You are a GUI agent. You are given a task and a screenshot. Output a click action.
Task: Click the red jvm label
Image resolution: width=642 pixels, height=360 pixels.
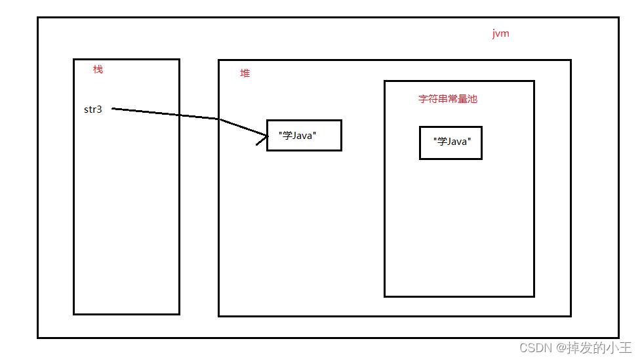(x=501, y=33)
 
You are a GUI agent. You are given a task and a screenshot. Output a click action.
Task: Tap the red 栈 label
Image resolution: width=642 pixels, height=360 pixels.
(x=98, y=70)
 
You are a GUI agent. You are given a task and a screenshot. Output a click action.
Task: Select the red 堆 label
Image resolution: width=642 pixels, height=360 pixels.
(x=245, y=73)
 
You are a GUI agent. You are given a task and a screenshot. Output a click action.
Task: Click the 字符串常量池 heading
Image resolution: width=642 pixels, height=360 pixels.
(x=448, y=99)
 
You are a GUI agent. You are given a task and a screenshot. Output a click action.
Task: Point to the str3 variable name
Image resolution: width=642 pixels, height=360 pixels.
(x=93, y=110)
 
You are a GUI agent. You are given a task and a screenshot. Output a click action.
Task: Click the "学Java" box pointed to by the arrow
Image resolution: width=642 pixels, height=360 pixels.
(x=304, y=136)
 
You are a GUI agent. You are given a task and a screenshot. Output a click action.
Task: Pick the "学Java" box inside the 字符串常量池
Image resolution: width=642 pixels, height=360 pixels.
(x=451, y=143)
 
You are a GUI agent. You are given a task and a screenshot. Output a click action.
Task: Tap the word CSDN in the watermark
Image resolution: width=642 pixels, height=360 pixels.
(x=536, y=348)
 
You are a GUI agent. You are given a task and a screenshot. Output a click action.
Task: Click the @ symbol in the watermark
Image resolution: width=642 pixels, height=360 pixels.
(x=561, y=348)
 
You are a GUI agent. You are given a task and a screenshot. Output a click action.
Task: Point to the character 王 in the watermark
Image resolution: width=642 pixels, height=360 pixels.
(x=626, y=348)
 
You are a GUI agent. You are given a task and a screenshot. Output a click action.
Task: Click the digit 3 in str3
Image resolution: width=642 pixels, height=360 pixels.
(x=99, y=110)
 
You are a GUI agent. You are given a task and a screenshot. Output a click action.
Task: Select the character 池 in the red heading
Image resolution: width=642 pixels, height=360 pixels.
(x=473, y=99)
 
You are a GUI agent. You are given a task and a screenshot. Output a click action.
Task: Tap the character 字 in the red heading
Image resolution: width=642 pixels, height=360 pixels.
(x=423, y=99)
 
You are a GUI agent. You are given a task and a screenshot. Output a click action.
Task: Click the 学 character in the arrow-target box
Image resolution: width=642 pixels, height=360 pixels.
(x=287, y=135)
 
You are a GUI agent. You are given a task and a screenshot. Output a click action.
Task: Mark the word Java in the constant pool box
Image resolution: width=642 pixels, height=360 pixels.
(x=456, y=142)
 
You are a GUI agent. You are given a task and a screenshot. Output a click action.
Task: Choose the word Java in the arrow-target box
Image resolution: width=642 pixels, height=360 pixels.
(x=302, y=136)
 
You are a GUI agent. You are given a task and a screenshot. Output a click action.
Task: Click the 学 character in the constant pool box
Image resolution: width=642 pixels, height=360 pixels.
(x=442, y=141)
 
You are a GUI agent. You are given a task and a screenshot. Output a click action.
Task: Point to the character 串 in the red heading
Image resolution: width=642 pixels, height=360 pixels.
(x=443, y=99)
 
